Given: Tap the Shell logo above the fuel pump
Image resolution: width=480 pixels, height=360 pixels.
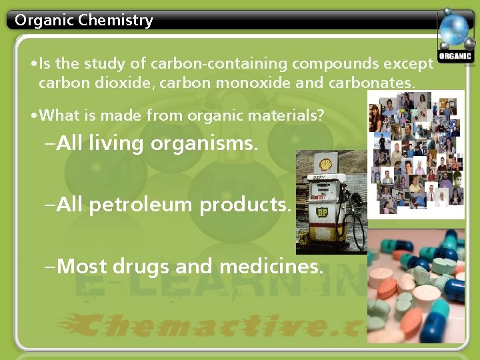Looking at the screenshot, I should [x=325, y=164].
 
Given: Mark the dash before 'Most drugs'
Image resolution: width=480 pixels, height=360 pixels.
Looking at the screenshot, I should [x=49, y=267].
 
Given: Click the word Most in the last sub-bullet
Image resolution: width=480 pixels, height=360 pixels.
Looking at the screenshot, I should [x=83, y=266].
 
